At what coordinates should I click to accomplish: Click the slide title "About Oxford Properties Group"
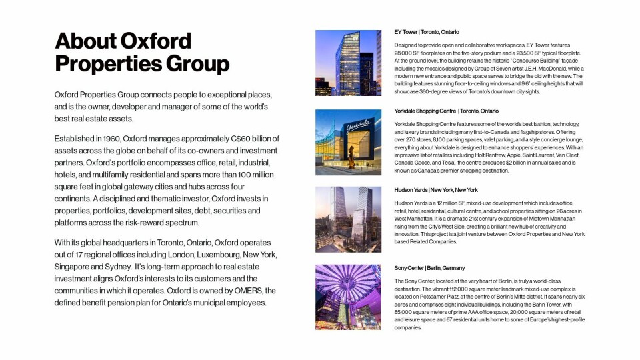142,52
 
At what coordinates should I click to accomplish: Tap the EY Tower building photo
348,63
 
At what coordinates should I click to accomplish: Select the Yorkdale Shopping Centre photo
348,142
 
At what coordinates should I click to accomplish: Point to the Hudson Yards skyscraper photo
348,219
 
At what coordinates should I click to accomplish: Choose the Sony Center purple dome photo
348,297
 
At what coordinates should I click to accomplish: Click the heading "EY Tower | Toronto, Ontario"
427,32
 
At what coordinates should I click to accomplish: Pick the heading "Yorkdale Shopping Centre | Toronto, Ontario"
447,111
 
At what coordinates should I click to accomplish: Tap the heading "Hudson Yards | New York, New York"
436,190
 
